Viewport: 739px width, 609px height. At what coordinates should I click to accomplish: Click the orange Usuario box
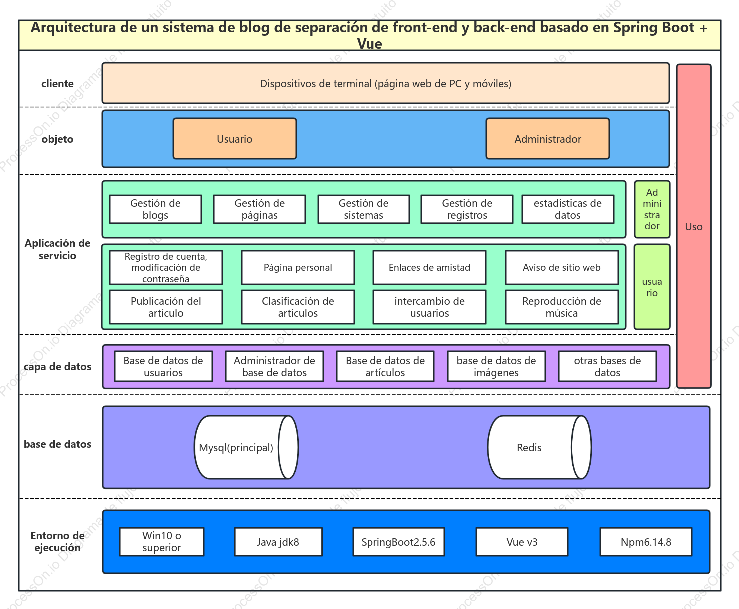point(235,139)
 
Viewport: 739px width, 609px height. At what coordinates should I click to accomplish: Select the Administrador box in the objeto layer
point(548,139)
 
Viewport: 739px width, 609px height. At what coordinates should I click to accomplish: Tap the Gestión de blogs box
point(155,209)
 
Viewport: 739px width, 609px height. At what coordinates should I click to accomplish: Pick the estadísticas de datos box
point(568,209)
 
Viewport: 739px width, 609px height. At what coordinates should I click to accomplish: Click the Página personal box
point(298,267)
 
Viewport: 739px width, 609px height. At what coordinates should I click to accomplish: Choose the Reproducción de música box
point(562,307)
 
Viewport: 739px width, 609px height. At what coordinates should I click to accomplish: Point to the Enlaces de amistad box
point(429,267)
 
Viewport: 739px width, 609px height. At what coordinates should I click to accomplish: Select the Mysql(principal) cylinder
point(246,447)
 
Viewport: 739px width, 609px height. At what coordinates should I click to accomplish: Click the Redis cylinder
point(539,447)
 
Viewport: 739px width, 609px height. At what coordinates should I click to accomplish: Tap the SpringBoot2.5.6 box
point(398,542)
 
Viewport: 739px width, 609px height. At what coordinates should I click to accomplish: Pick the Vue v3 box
point(522,542)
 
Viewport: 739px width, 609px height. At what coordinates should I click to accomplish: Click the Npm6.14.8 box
point(646,542)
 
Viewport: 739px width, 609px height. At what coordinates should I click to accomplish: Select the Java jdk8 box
point(278,542)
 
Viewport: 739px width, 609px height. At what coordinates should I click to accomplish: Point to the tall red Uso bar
point(694,226)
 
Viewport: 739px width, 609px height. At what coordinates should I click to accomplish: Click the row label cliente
point(58,84)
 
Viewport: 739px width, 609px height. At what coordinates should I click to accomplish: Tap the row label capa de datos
point(58,367)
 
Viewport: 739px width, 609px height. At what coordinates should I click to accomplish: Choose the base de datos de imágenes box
point(496,366)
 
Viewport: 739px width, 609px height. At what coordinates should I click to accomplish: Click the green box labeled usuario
point(652,287)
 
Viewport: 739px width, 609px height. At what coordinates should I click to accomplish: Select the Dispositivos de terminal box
point(386,83)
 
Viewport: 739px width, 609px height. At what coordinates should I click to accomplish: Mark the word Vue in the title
point(369,44)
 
